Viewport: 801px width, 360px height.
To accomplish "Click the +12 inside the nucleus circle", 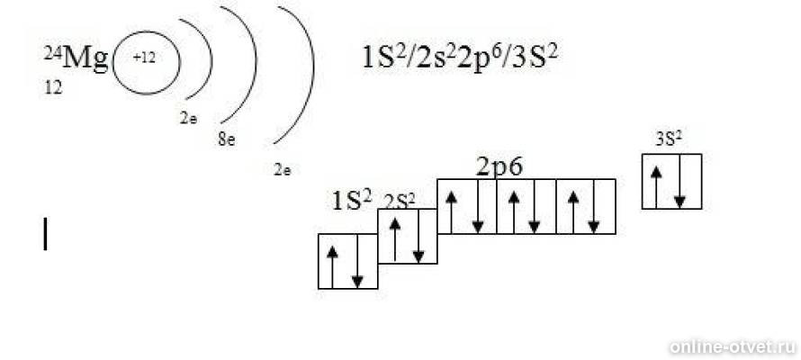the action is coord(144,58).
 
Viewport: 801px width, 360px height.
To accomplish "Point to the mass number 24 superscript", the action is coord(52,52).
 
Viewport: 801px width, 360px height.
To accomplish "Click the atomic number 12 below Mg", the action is coord(54,88).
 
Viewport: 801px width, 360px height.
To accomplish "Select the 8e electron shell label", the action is coord(227,139).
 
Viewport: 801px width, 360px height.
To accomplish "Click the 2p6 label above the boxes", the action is coord(499,167).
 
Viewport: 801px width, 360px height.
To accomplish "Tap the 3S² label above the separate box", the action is coord(669,139).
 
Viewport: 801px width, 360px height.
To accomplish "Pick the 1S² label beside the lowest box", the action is coord(352,200).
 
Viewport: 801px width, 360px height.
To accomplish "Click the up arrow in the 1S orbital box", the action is coord(333,267).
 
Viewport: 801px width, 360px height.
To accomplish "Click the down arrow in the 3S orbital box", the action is coord(679,182).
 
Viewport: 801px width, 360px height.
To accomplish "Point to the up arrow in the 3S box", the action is coord(656,187).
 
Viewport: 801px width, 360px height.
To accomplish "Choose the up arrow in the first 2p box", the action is coord(451,212).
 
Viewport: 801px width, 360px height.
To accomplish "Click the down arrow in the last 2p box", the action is coord(594,207).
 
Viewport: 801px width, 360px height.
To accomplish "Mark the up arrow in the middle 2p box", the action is coord(514,212).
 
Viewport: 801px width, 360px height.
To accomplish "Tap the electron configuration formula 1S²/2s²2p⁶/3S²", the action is coord(459,58).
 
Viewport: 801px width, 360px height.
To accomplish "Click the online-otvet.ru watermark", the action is coord(733,346).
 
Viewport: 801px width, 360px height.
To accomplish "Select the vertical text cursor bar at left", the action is coord(46,234).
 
